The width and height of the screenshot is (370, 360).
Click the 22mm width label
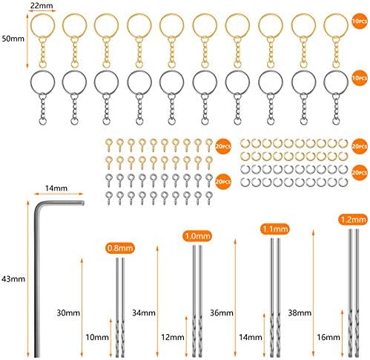42,5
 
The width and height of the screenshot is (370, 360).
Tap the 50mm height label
13,39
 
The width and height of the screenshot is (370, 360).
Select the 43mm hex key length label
13,279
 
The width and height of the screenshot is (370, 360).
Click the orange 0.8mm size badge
120,248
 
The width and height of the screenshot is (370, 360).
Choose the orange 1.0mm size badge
197,236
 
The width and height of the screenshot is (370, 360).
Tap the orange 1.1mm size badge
275,229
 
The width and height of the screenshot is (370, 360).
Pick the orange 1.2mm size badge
353,220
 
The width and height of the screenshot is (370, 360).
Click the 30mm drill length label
68,312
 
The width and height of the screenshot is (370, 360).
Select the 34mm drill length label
144,312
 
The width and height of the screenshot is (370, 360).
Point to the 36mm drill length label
222,312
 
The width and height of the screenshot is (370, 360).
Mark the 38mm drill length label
300,312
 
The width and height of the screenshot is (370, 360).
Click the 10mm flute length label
97,337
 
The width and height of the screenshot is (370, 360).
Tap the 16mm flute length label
328,337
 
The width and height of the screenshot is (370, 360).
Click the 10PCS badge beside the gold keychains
360,22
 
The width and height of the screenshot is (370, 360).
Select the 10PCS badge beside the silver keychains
360,78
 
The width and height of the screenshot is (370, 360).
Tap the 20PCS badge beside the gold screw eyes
223,146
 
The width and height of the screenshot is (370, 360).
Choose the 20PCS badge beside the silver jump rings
360,172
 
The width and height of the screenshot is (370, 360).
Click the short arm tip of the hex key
83,203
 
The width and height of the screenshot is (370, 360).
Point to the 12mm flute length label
173,337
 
